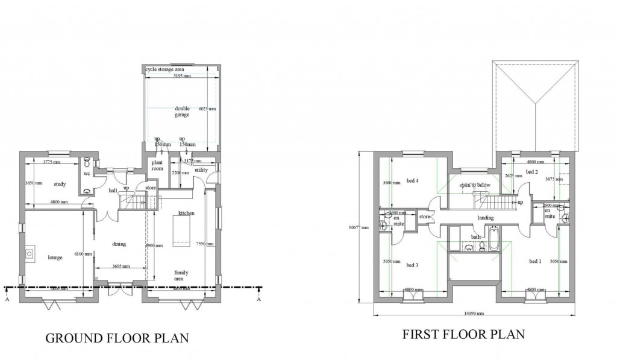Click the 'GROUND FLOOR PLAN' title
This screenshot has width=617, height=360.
[117, 338]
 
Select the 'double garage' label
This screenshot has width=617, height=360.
[182, 112]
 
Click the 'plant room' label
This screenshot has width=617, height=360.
[157, 166]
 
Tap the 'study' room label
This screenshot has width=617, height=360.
[59, 184]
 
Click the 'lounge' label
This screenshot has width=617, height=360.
[55, 257]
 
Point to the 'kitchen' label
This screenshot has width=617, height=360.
[186, 214]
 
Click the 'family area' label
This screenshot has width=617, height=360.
[181, 276]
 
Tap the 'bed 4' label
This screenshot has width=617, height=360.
[412, 180]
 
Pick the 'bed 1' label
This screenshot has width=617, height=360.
[534, 261]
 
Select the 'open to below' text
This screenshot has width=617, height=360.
[475, 185]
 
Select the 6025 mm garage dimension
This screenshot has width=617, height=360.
[207, 109]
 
